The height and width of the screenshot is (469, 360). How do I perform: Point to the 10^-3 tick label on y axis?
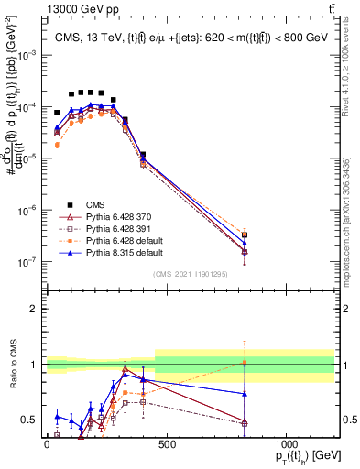tap(29, 55)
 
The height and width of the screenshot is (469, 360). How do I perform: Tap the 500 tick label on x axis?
tap(166, 444)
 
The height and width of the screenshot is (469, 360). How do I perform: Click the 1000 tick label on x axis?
tap(286, 444)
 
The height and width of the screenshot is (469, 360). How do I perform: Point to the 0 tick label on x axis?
tap(47, 444)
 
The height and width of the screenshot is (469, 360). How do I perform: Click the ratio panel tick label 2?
tap(35, 309)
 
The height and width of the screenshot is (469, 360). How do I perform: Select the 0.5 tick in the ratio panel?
tap(30, 420)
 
